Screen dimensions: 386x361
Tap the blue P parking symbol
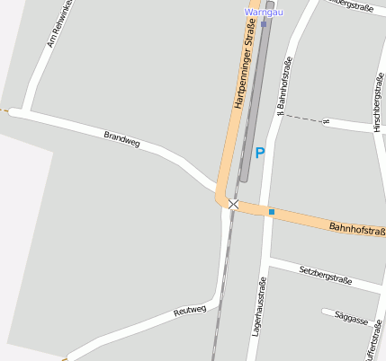tap(260, 154)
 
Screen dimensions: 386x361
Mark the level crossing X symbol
tap(234, 205)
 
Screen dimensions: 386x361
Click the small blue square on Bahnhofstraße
tap(271, 212)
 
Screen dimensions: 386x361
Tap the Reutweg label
tap(190, 313)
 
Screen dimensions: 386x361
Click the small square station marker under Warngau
tap(263, 23)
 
